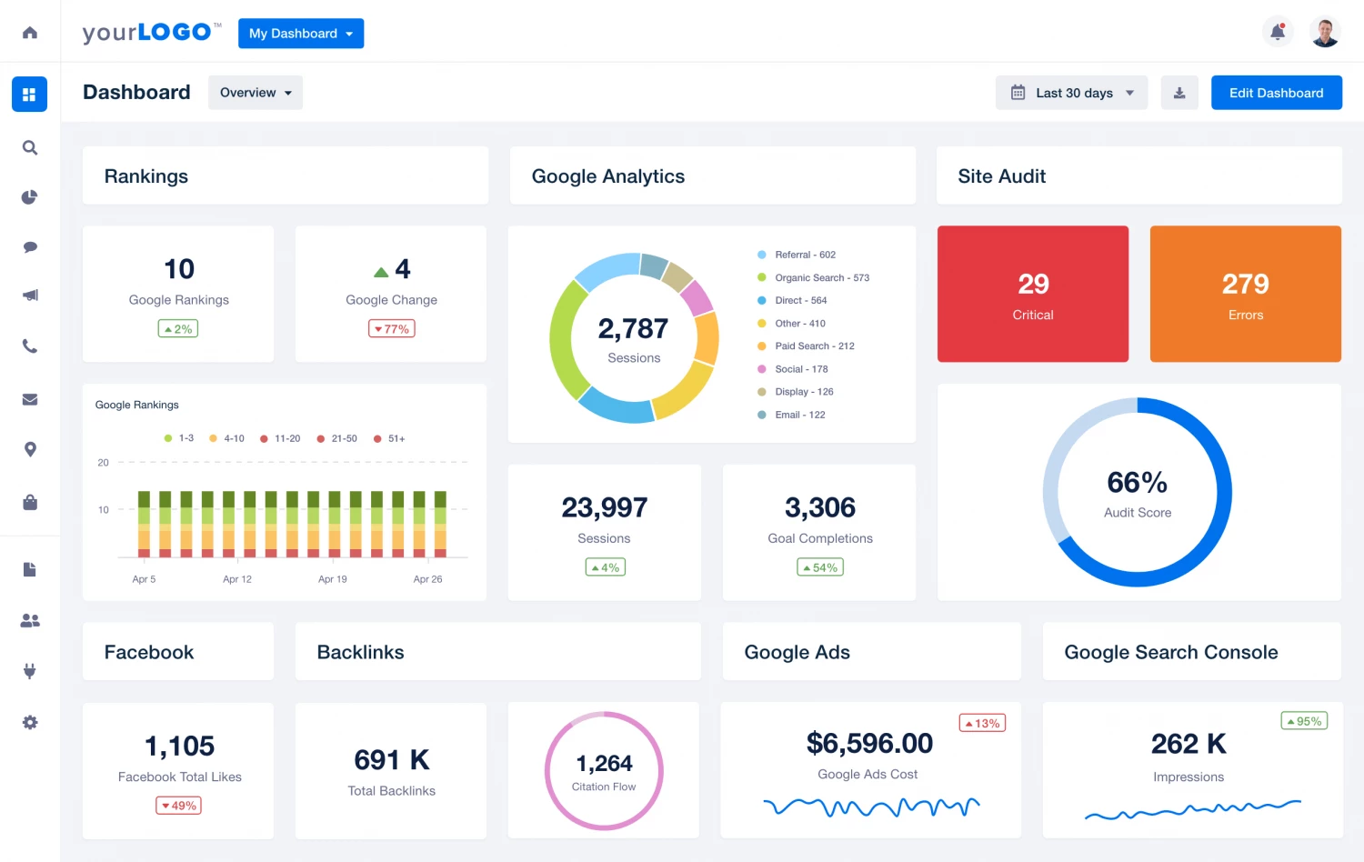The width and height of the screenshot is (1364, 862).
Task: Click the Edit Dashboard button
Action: (x=1276, y=93)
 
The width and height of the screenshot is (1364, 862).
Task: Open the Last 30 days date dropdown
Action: (x=1072, y=93)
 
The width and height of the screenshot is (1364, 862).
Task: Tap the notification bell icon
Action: (x=1278, y=32)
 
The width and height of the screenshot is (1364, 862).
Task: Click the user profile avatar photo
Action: (x=1325, y=32)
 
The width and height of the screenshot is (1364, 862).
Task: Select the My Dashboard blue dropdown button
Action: (x=301, y=34)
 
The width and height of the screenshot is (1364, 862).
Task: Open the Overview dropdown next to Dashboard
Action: (x=256, y=93)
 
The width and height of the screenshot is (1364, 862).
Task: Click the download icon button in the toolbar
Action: (x=1179, y=93)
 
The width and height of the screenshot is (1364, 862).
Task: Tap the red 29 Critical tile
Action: (x=1033, y=294)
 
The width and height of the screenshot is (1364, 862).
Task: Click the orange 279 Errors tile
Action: (x=1245, y=294)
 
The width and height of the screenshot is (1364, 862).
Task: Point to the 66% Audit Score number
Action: (x=1137, y=482)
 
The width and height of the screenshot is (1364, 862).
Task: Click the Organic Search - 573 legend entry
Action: (x=821, y=278)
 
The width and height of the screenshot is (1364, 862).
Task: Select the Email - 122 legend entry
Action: (x=799, y=415)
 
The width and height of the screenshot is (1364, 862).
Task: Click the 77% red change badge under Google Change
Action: (x=392, y=329)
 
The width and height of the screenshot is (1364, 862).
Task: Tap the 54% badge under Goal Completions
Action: (x=820, y=567)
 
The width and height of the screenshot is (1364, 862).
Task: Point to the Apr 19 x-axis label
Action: (x=332, y=579)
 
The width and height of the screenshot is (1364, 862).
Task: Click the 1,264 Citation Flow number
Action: (x=604, y=763)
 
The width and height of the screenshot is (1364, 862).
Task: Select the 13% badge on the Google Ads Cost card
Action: (x=982, y=724)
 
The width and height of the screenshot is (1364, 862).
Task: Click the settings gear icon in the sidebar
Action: (x=30, y=722)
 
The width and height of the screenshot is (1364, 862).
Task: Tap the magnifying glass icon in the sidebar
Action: (x=30, y=147)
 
